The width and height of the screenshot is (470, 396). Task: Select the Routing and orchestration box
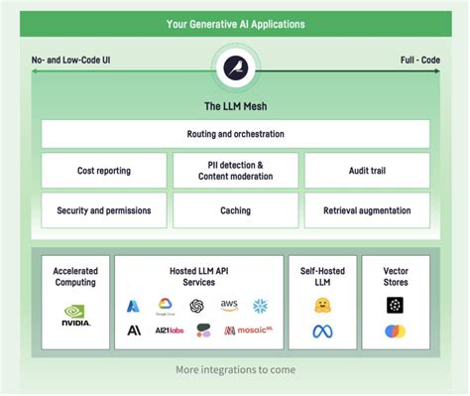[x=236, y=133]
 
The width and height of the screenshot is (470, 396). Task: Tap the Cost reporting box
[x=103, y=171]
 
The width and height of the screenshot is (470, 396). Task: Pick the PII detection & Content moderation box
[x=236, y=171]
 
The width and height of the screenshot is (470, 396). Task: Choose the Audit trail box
[x=367, y=171]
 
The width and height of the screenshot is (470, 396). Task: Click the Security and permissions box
[x=103, y=210]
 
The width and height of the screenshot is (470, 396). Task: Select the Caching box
[x=236, y=210]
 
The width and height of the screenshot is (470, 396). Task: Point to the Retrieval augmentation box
[x=367, y=210]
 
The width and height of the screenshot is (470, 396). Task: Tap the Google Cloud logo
[x=165, y=306]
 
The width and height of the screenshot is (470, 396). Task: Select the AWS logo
[x=229, y=306]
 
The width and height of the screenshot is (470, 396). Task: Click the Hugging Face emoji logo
[x=322, y=306]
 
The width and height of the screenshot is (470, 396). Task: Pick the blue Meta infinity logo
[x=322, y=331]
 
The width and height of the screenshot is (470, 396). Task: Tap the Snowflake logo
[x=260, y=306]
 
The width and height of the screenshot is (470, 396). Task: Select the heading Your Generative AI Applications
[x=236, y=22]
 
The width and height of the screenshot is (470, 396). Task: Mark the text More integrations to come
[x=236, y=370]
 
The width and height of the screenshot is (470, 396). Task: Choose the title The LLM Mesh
[x=236, y=105]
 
